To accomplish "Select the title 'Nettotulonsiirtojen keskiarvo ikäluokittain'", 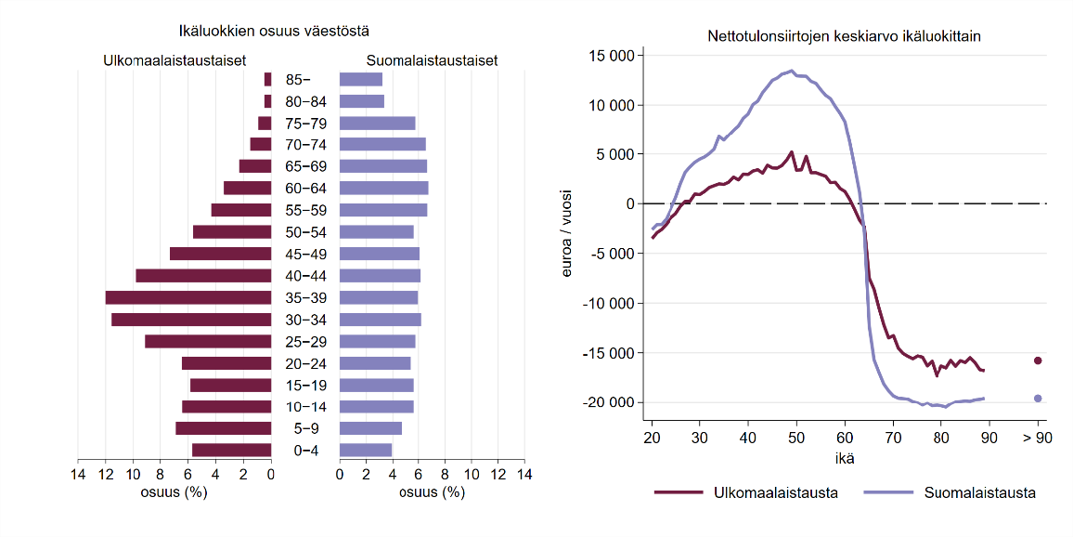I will pyautogui.click(x=844, y=37).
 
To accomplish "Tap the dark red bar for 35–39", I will pyautogui.click(x=188, y=297).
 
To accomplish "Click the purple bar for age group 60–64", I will pyautogui.click(x=383, y=188).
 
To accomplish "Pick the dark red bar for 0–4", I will pyautogui.click(x=231, y=451).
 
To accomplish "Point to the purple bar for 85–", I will pyautogui.click(x=361, y=79).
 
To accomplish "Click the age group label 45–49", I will pyautogui.click(x=305, y=254).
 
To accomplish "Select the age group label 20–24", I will pyautogui.click(x=305, y=363).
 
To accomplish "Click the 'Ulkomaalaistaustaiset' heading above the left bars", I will pyautogui.click(x=174, y=60).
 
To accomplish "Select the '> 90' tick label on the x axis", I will pyautogui.click(x=1038, y=438).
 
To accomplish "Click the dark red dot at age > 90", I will pyautogui.click(x=1038, y=360).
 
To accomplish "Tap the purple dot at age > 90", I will pyautogui.click(x=1038, y=399).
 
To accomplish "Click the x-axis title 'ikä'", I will pyautogui.click(x=844, y=457).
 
